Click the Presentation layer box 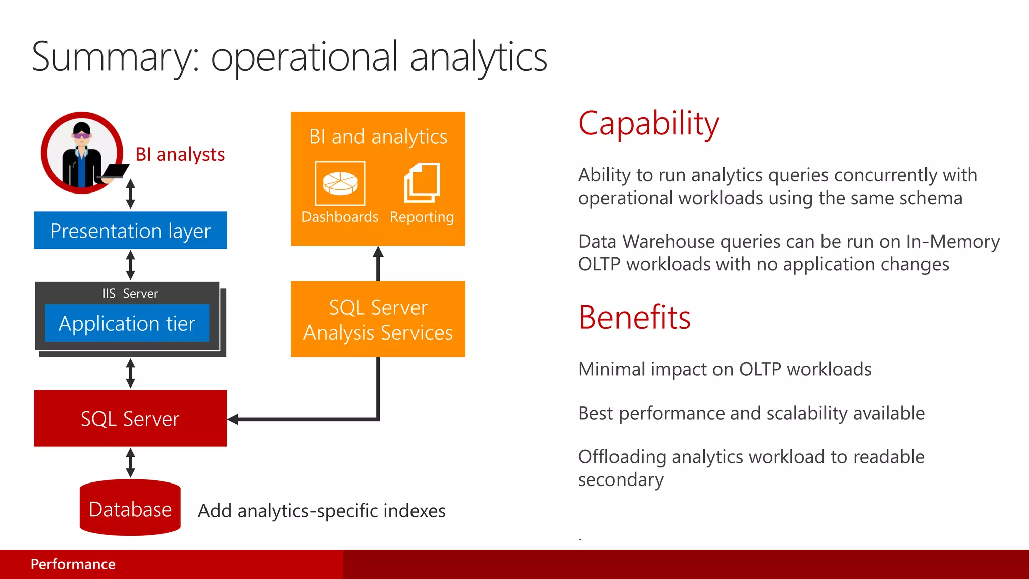[x=130, y=231]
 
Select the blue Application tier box [x=127, y=323]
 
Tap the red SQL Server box [x=130, y=418]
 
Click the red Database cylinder [x=130, y=509]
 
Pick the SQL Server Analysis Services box [x=378, y=320]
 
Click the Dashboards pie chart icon [x=340, y=183]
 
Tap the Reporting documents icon [x=422, y=182]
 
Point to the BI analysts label [x=180, y=154]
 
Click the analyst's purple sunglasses [x=82, y=135]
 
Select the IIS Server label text [x=130, y=294]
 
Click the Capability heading [x=649, y=124]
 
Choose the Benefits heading [x=635, y=318]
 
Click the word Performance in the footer [x=73, y=564]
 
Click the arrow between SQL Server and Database [x=130, y=463]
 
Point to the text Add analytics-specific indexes [x=322, y=511]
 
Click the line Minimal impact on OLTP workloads [x=725, y=369]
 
